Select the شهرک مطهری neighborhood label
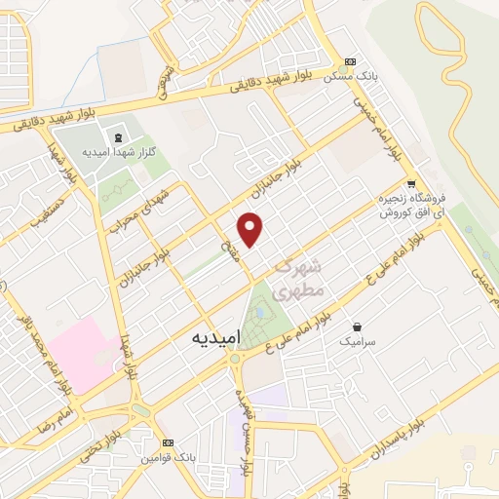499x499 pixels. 297,278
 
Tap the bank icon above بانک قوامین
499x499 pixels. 168,441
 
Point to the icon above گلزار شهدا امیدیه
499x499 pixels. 119,137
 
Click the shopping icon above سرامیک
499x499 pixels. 358,327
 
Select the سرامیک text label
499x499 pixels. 358,342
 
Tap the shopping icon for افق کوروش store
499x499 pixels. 411,184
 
